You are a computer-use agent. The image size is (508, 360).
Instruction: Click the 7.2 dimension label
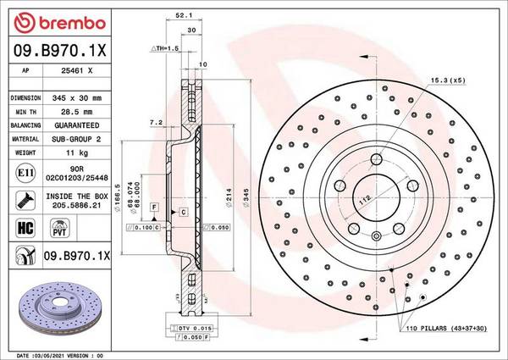point(155,124)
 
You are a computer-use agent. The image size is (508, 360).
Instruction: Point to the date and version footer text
point(56,355)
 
